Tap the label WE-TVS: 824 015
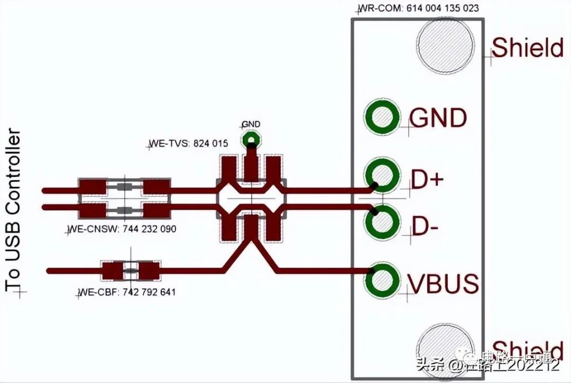(189, 143)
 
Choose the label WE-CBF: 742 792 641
(127, 292)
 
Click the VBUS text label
(443, 284)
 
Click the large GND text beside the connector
(438, 118)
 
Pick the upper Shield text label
(528, 48)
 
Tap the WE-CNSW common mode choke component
(124, 199)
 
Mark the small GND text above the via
(251, 125)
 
